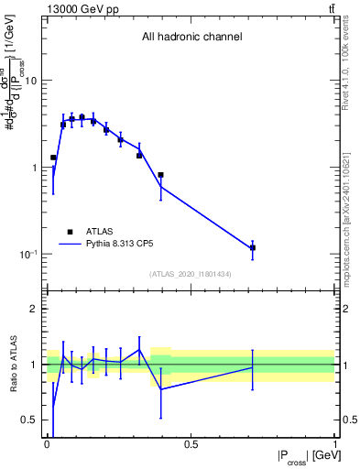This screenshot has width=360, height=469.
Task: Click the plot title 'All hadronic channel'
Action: pyautogui.click(x=191, y=38)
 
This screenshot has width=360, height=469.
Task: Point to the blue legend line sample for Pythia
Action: pyautogui.click(x=71, y=245)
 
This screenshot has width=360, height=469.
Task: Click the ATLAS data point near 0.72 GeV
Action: pyautogui.click(x=252, y=247)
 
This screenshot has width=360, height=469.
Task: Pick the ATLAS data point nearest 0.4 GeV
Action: pyautogui.click(x=160, y=175)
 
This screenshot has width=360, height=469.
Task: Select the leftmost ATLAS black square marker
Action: pyautogui.click(x=53, y=158)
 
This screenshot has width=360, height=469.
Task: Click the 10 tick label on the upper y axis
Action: pyautogui.click(x=30, y=81)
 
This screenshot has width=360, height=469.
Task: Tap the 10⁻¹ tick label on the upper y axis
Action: pyautogui.click(x=27, y=254)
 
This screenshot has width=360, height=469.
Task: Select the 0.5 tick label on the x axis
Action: pyautogui.click(x=191, y=444)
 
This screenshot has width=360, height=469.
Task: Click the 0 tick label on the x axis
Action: pyautogui.click(x=46, y=444)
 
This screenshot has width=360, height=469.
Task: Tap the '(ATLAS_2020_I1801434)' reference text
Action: pyautogui.click(x=191, y=274)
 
